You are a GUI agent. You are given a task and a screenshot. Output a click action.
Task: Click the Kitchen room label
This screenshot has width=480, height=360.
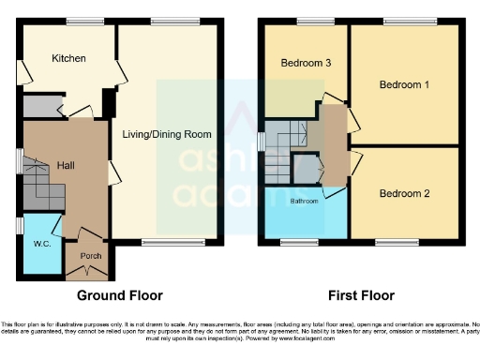[x=68, y=58]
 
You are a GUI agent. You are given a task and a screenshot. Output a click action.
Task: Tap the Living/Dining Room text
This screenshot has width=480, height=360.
[x=167, y=134]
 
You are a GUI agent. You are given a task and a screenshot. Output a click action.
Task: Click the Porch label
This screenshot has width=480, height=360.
[x=90, y=255]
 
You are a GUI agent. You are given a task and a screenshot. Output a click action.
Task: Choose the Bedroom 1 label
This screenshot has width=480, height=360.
[x=404, y=85]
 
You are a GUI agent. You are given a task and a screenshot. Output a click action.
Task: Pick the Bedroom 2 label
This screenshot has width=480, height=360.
[x=404, y=194]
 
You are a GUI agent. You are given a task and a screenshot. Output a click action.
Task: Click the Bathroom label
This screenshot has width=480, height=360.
[x=304, y=201]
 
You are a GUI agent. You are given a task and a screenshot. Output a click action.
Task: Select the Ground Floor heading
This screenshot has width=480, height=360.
[x=119, y=295]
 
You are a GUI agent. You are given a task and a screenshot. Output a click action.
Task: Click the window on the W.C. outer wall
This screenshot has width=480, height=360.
[x=21, y=226]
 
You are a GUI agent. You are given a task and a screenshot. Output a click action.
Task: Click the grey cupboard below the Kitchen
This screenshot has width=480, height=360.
[x=40, y=105]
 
